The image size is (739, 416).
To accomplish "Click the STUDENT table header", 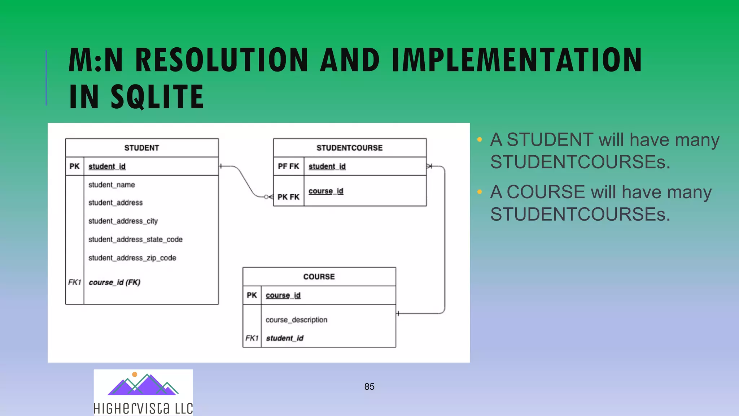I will [141, 148].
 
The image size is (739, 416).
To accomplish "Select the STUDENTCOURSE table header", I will [349, 148].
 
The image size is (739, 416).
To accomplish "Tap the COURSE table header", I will [319, 277].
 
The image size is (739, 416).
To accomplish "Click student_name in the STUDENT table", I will [111, 185].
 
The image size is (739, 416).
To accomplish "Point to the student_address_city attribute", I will [123, 221].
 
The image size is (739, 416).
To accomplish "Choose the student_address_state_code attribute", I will [135, 239].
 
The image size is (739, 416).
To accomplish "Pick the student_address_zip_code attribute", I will [132, 258].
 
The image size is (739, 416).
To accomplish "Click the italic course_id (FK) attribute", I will [114, 282].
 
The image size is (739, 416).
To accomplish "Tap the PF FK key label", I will [288, 166].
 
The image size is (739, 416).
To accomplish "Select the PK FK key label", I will [288, 197].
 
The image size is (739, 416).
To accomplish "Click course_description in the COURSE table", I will [296, 320].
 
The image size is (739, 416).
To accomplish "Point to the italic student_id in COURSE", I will [285, 338].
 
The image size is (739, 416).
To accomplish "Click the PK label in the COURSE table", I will [252, 295].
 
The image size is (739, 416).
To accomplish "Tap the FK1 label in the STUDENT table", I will [75, 282].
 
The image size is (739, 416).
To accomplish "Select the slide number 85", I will [369, 387].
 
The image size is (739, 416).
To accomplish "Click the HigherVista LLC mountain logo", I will [143, 385].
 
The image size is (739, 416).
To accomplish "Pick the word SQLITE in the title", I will [157, 96].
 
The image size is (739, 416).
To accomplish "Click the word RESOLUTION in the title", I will [221, 60].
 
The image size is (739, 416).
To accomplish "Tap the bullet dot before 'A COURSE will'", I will [480, 192].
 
